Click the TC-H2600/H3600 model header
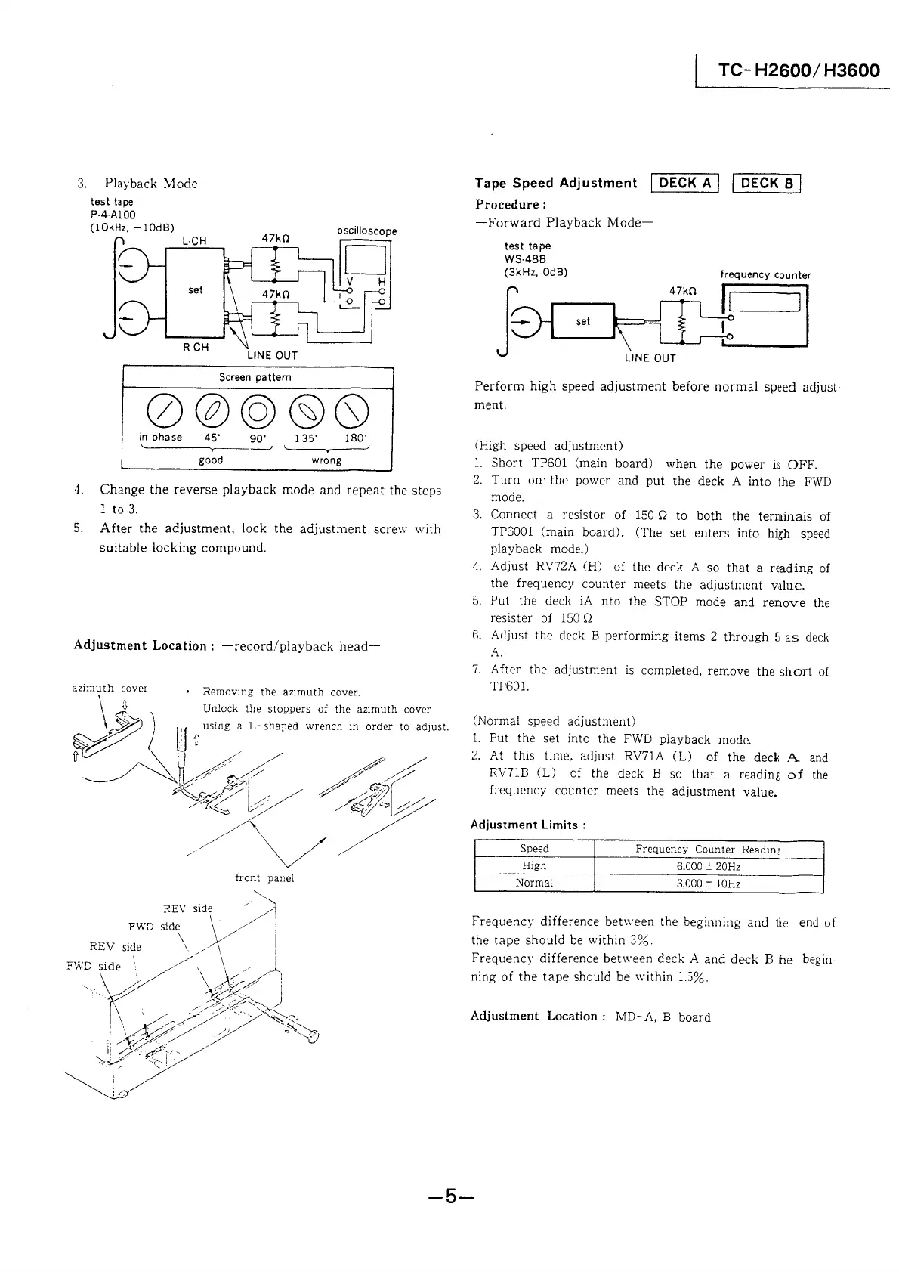[x=799, y=71]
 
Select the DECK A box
[x=687, y=183]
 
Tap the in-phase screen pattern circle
[x=160, y=410]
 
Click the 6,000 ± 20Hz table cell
[x=708, y=866]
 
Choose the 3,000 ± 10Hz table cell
[x=708, y=884]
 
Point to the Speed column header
[x=534, y=849]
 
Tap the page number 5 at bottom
[x=449, y=1196]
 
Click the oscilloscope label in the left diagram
[x=366, y=231]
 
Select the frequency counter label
[x=765, y=275]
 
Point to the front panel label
[x=264, y=878]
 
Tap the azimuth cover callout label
[x=110, y=689]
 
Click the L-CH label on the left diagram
[x=194, y=241]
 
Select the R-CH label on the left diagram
[x=196, y=347]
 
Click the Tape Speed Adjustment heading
[x=555, y=183]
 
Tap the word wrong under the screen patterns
[x=326, y=460]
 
